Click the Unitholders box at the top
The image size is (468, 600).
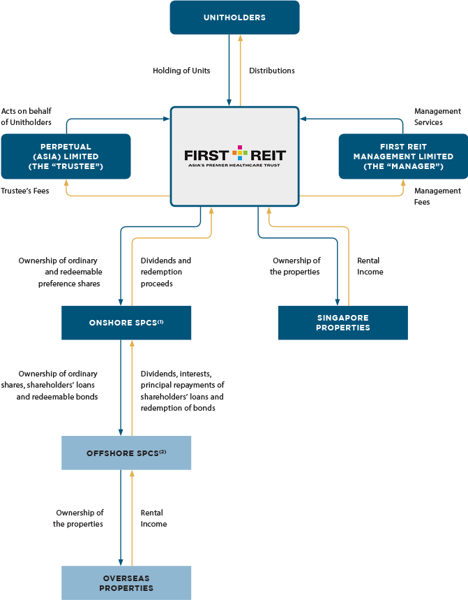[234, 17]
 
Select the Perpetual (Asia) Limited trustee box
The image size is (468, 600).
[66, 156]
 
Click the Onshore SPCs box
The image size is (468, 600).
[126, 323]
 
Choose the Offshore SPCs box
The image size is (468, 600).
[126, 453]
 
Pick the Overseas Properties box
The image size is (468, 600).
[126, 583]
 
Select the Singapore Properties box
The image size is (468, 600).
[342, 323]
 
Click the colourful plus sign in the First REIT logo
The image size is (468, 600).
[239, 154]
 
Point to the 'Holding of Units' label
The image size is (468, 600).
[181, 71]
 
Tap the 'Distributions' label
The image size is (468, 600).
[272, 71]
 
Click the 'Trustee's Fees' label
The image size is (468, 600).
[25, 190]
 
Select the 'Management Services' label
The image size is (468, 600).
[437, 117]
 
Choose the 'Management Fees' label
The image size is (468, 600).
[437, 196]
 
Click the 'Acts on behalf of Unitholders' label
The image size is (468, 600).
[27, 117]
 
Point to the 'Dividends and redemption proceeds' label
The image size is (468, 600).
[166, 272]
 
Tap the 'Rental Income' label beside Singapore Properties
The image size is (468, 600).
[370, 266]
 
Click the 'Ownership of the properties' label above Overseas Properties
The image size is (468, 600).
[79, 518]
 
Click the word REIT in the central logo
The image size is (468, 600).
[268, 154]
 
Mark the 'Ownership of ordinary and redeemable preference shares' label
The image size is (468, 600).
[61, 272]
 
